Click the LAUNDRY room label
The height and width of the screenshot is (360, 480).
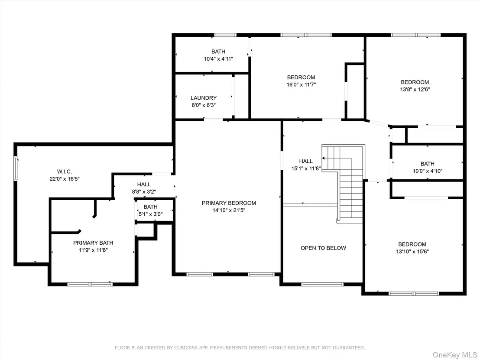[x=204, y=98]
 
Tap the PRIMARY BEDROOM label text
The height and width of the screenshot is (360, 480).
[x=229, y=203]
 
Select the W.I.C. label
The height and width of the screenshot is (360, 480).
[x=65, y=172]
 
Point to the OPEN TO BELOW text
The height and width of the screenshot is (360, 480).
[x=323, y=248]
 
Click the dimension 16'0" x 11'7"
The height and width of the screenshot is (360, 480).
[x=301, y=85]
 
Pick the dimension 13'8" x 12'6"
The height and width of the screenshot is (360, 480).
[x=415, y=89]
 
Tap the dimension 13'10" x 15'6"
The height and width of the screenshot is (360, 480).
[x=412, y=252]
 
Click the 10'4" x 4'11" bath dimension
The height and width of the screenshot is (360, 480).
[x=218, y=59]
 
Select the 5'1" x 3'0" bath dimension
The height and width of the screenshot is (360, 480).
[x=151, y=214]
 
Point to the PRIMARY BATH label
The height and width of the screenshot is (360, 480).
[x=93, y=243]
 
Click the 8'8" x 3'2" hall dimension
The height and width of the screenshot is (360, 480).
[x=144, y=192]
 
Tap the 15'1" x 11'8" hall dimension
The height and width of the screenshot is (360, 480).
[x=306, y=169]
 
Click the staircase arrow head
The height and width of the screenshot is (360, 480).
[x=323, y=158]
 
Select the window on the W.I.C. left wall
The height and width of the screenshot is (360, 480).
[x=16, y=169]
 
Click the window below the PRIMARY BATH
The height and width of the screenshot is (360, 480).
[x=90, y=284]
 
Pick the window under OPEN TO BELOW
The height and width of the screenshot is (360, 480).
[x=322, y=284]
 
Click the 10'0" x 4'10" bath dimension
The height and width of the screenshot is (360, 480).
[x=427, y=171]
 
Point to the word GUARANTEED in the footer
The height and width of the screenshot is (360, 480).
[x=349, y=348]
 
